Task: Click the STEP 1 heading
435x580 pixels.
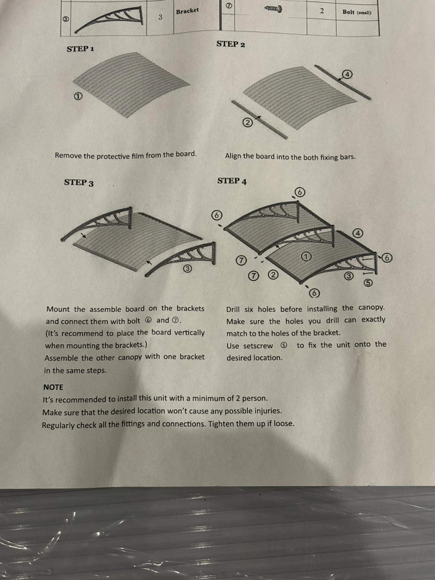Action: [81, 49]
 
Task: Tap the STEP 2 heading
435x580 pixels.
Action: [230, 44]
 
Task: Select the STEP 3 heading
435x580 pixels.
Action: [79, 182]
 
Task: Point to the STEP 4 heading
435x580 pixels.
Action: [232, 181]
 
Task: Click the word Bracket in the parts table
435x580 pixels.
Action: [187, 11]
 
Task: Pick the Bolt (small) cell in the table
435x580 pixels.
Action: [357, 12]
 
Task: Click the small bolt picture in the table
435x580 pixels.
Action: [273, 9]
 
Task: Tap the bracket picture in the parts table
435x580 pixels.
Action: [109, 19]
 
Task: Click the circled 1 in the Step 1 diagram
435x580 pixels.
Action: [78, 96]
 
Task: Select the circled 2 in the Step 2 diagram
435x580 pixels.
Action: [248, 122]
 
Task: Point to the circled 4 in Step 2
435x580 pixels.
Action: [347, 75]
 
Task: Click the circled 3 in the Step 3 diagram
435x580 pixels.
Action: [187, 269]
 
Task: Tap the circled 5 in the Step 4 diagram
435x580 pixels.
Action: [368, 283]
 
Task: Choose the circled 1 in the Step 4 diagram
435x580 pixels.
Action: [306, 256]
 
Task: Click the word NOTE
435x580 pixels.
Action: [53, 387]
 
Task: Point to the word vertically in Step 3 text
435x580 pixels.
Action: [189, 333]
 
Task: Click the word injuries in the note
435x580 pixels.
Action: [268, 411]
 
